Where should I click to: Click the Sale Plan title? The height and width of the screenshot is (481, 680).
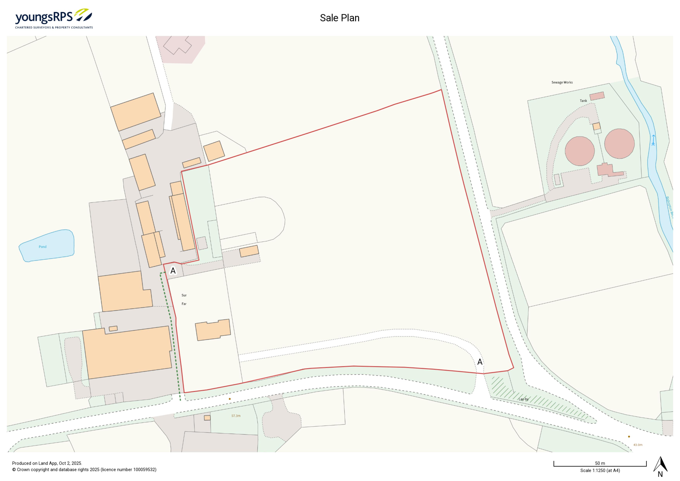tap(339, 18)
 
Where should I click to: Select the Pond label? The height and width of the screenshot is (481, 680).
tap(43, 247)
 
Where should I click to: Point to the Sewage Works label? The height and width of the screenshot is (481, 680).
tap(562, 82)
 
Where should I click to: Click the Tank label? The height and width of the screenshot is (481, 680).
tap(583, 101)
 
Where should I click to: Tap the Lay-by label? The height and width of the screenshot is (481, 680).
tap(523, 399)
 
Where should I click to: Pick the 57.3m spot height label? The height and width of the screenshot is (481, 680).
tap(236, 416)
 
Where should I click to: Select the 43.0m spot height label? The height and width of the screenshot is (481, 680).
tap(638, 445)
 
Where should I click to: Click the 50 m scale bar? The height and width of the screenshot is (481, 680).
tap(600, 464)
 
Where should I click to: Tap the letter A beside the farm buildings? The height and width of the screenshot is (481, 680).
tap(173, 271)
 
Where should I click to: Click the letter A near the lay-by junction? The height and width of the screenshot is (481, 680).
tap(480, 362)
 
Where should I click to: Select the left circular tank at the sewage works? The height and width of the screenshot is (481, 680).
tap(580, 151)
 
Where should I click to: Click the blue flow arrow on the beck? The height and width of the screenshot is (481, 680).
tap(653, 140)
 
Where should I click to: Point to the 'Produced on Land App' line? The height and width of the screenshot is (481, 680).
tap(47, 463)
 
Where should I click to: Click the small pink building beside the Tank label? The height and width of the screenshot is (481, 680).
tap(597, 96)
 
